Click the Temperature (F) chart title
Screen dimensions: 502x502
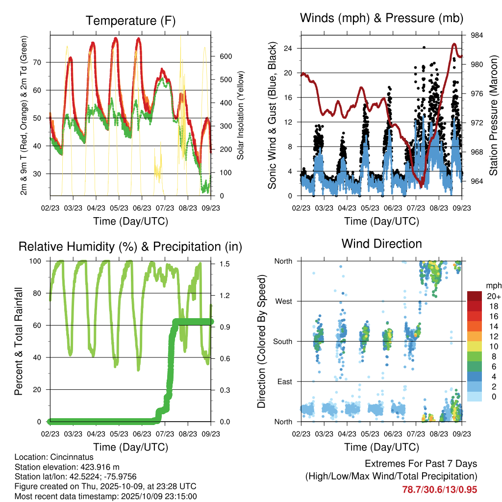click(130, 21)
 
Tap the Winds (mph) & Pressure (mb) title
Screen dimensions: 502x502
click(382, 19)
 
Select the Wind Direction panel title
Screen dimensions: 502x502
click(382, 243)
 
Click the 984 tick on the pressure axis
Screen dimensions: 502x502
click(477, 35)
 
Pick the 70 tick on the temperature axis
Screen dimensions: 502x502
click(42, 62)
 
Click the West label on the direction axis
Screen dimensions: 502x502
click(283, 301)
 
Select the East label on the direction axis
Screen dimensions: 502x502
click(284, 381)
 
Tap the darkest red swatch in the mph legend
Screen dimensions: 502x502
click(475, 296)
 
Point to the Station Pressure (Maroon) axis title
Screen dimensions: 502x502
click(494, 116)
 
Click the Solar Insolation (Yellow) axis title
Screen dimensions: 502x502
click(241, 116)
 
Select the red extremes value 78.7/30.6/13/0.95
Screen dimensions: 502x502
click(439, 490)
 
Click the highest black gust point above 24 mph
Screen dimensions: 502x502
click(424, 48)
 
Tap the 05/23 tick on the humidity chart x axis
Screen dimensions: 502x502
click(118, 434)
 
